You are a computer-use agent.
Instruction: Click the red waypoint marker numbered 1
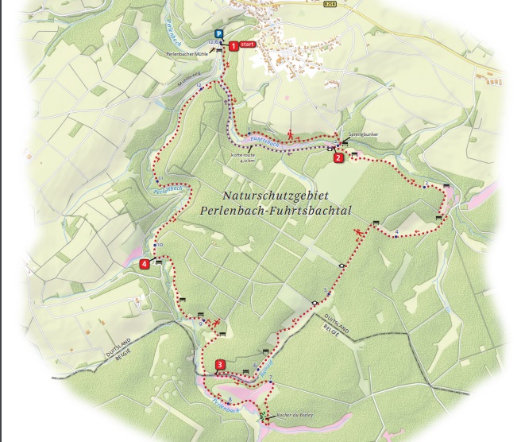233,46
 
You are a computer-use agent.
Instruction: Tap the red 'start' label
248,45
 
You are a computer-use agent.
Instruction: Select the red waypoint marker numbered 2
338,157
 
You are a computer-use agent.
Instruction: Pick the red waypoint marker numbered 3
220,365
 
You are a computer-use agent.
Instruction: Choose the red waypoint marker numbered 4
144,264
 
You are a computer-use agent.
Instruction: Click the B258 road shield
330,4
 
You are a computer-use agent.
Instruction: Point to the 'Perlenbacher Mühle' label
187,53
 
